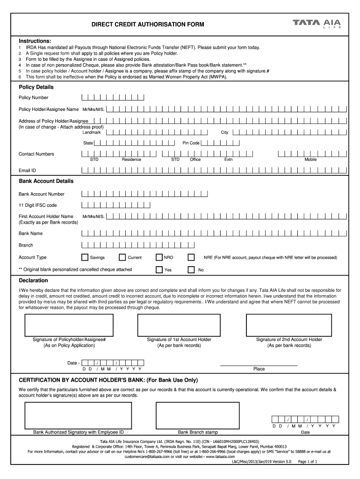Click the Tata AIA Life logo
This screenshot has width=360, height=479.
click(x=317, y=23)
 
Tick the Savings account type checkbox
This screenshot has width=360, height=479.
click(x=85, y=257)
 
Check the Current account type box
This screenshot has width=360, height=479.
click(x=122, y=257)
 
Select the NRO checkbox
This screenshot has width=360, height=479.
click(x=159, y=257)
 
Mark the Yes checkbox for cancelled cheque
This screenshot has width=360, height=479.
click(x=159, y=269)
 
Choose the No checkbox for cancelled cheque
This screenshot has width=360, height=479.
click(x=191, y=269)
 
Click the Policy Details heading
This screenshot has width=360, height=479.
click(x=36, y=87)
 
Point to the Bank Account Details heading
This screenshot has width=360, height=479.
click(x=46, y=181)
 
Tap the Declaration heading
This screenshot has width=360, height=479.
click(x=33, y=280)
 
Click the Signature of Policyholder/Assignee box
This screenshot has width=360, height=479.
click(x=69, y=325)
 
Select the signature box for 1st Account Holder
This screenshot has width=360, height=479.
click(x=179, y=325)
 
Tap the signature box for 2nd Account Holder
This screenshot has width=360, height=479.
click(x=289, y=325)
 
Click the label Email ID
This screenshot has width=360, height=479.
click(x=27, y=170)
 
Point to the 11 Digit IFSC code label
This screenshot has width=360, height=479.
click(x=37, y=205)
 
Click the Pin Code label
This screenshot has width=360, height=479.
click(x=191, y=143)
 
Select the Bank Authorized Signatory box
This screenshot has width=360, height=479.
click(x=78, y=415)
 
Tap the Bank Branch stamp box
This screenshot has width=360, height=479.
click(x=197, y=415)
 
